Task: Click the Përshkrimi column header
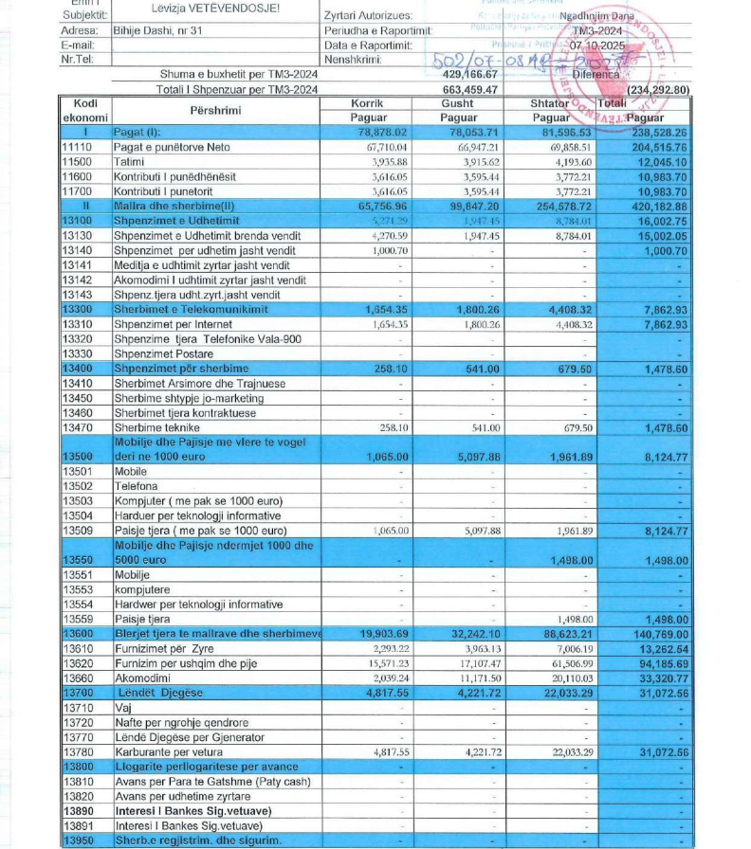pyautogui.click(x=215, y=110)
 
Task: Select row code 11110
pyautogui.click(x=80, y=148)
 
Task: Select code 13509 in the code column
pyautogui.click(x=79, y=531)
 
